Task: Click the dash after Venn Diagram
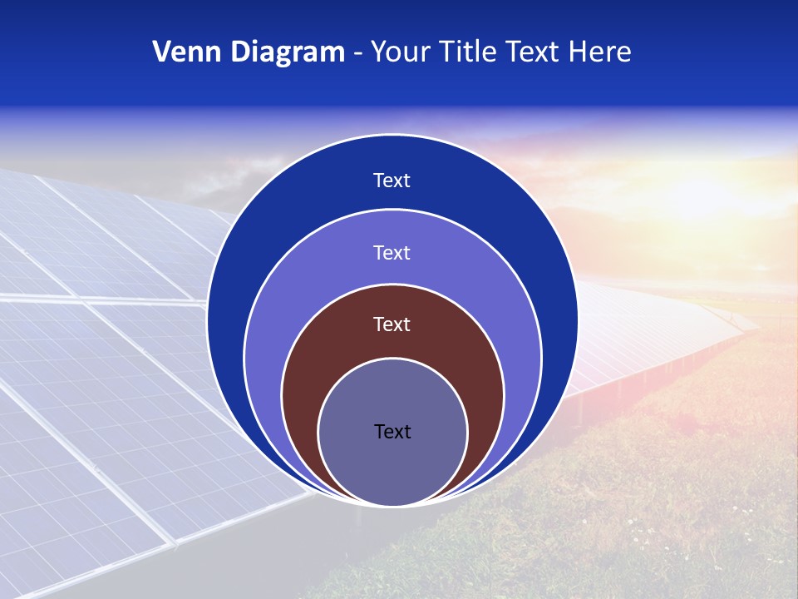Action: pos(357,53)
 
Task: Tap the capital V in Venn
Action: pos(161,52)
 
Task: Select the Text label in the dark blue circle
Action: pos(392,181)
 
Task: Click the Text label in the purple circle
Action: pos(392,252)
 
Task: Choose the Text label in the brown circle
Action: pos(392,324)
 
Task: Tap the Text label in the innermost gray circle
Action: pos(392,431)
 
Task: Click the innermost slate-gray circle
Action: pos(392,466)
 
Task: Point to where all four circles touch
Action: pos(392,504)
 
